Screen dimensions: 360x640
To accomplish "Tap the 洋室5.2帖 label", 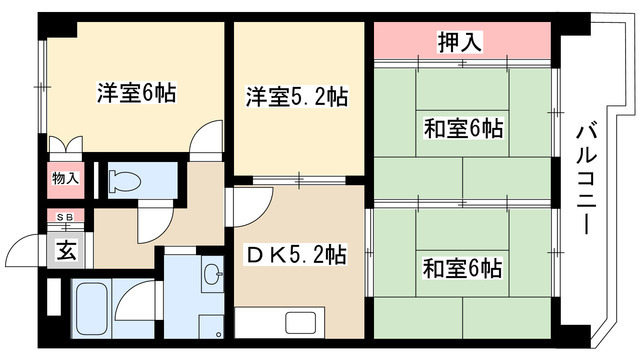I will pos(298,97).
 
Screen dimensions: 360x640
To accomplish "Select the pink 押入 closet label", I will pos(461,42).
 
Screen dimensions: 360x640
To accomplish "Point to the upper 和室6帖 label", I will pos(461,127).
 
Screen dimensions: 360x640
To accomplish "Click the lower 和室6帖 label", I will pos(461,268).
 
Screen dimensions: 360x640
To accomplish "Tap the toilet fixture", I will pos(124,181).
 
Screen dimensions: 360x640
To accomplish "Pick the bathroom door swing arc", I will pos(140,296).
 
